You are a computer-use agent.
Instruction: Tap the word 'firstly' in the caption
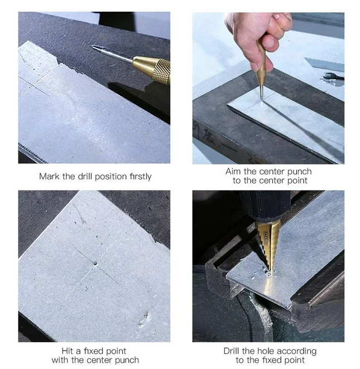(141, 177)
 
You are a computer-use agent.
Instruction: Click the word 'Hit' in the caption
(68, 351)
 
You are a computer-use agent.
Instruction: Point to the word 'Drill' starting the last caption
(232, 351)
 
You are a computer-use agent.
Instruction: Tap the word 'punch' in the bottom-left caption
(127, 360)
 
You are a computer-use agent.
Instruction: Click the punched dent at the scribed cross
(95, 264)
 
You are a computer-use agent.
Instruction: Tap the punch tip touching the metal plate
(261, 97)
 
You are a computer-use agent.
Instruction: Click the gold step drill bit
(269, 246)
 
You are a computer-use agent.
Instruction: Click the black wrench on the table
(333, 76)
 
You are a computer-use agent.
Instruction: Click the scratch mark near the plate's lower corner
(143, 319)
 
